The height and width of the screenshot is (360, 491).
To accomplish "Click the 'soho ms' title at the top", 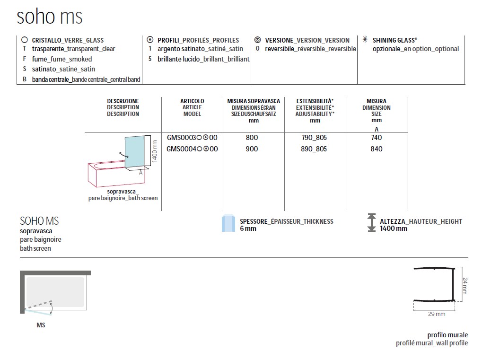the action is point(50,16).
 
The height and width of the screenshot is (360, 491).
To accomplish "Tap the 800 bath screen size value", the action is point(252,138).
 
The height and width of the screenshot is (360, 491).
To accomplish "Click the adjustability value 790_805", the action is point(314,138).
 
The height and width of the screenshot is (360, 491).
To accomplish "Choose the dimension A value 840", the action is point(377,149).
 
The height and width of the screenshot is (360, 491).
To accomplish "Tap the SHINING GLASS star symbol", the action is point(365,39).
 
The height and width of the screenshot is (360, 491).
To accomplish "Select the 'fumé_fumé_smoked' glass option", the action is point(61,59).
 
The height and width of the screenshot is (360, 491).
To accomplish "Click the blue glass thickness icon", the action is point(228,223).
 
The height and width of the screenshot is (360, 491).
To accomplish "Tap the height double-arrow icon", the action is point(371,222).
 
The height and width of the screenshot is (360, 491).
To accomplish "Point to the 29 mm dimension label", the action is point(437,314).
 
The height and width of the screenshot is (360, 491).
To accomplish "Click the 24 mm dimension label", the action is point(465,286).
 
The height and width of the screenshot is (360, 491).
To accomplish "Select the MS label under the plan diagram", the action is point(41,325).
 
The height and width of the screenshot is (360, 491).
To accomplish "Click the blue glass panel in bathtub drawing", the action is point(135,152).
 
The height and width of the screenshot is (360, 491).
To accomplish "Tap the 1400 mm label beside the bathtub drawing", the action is point(154,151).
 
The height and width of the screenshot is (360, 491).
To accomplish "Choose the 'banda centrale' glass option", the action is point(86,79).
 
